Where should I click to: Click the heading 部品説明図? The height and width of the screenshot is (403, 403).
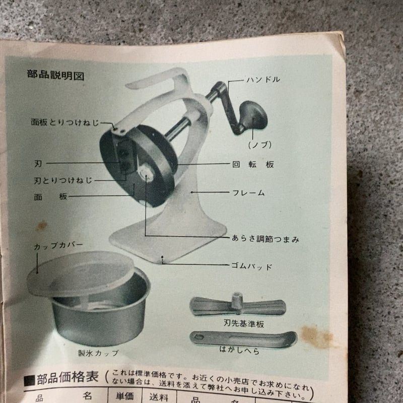tap(55, 76)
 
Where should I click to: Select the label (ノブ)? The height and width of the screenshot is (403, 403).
tap(260, 145)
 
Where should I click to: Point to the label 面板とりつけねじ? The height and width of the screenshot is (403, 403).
tap(64, 122)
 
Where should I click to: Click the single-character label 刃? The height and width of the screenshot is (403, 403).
tap(38, 163)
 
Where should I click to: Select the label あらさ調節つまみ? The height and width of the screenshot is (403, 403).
tap(265, 239)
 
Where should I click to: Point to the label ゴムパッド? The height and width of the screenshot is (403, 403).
tap(251, 265)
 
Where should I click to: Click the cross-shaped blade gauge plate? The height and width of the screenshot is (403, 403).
tap(237, 305)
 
